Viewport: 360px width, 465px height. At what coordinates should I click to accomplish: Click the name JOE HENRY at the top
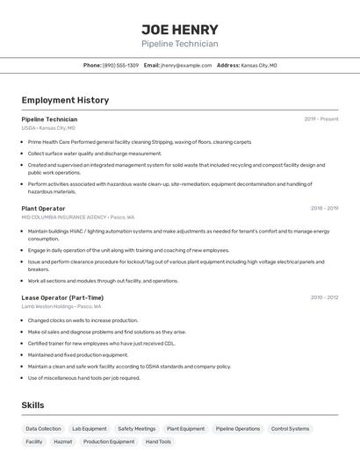point(179,29)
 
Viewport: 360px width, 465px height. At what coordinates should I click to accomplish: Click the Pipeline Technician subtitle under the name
point(179,44)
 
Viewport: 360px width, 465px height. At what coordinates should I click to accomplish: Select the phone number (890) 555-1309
point(120,65)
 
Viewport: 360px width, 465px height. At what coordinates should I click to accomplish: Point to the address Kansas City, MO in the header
point(259,65)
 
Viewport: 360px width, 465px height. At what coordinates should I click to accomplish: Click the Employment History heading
point(65,100)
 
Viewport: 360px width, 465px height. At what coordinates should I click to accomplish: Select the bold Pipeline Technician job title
point(49,119)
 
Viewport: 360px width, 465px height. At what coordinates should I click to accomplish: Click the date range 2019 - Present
point(320,119)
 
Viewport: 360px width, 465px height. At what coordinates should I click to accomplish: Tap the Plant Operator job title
point(43,209)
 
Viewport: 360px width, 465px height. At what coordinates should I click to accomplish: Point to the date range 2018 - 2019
point(324,209)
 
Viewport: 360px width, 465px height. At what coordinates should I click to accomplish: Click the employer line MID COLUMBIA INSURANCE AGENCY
point(77,217)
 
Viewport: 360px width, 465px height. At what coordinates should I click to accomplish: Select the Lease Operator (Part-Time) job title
point(62,297)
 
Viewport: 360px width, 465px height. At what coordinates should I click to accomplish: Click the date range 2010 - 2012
point(324,297)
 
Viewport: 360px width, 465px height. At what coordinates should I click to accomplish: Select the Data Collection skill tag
point(43,429)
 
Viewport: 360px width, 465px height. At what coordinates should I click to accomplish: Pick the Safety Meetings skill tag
point(136,429)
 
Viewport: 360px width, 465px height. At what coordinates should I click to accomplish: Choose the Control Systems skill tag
point(290,429)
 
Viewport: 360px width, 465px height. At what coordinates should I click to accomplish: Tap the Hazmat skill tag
point(62,441)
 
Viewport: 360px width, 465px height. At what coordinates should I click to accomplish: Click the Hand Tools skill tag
point(158,441)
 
